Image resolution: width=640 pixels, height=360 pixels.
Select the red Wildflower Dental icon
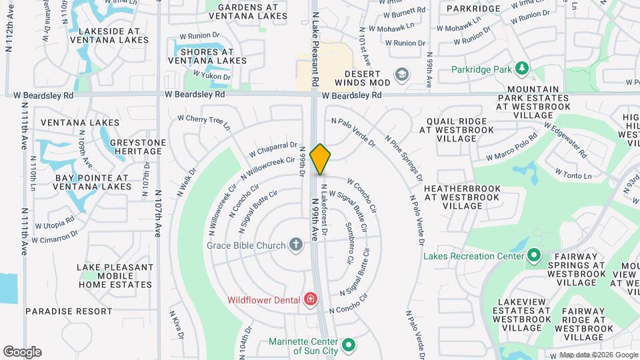(x=309, y=299)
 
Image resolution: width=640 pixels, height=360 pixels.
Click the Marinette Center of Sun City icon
(x=347, y=345)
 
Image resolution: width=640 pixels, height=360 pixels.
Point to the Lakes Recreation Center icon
(x=533, y=255)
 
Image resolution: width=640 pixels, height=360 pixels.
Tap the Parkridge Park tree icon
(x=521, y=68)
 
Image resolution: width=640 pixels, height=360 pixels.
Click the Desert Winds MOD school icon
(x=401, y=74)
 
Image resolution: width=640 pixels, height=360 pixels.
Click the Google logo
(x=22, y=352)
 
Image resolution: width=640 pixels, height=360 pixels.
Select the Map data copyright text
(x=598, y=355)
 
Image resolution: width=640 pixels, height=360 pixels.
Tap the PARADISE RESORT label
(x=69, y=311)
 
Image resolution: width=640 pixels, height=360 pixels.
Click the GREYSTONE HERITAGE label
(x=137, y=147)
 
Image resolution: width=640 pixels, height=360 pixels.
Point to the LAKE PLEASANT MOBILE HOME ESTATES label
(x=115, y=276)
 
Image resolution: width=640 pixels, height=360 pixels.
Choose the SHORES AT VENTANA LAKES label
(x=207, y=56)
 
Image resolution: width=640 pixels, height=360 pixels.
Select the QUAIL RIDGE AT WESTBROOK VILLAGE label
(x=457, y=130)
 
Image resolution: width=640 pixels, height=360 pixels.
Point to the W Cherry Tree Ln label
(x=203, y=122)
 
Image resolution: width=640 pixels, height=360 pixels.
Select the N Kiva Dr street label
(x=175, y=325)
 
